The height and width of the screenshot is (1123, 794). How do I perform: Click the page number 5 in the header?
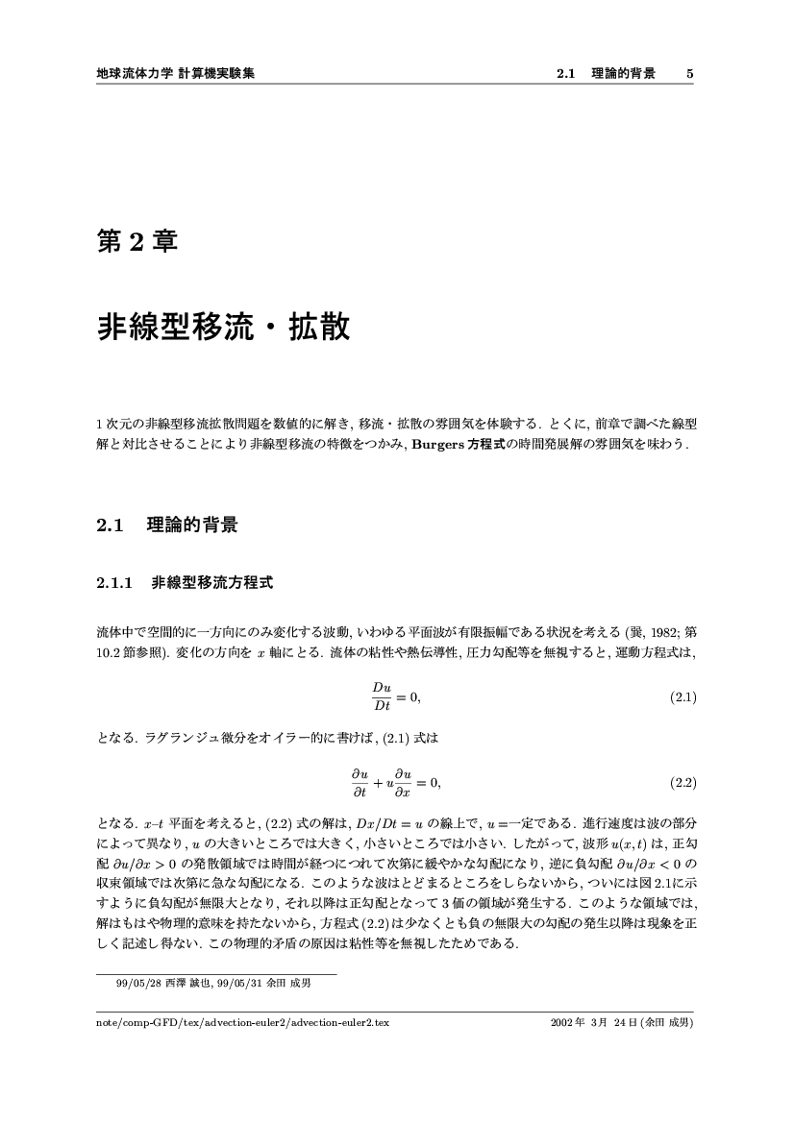(x=690, y=73)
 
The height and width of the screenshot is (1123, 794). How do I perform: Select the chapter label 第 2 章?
(x=136, y=241)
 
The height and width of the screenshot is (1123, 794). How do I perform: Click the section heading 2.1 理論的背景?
(x=167, y=525)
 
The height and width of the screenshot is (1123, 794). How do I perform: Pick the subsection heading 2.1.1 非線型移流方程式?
(x=186, y=582)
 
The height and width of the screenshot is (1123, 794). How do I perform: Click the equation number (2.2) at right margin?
(x=682, y=783)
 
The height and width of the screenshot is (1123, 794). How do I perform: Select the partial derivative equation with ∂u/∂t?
(x=396, y=783)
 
